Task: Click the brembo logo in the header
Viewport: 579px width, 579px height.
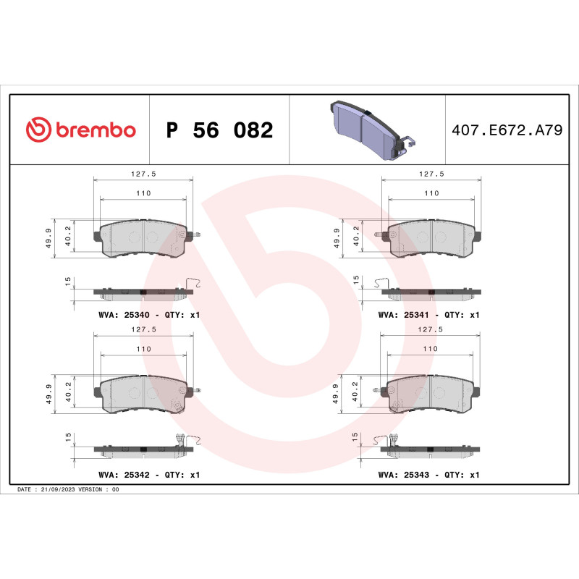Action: [x=80, y=130]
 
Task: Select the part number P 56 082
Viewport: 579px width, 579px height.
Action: [x=219, y=131]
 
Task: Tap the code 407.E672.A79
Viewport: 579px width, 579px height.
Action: [x=506, y=131]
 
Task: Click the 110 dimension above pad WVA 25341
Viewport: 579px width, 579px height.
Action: [x=431, y=193]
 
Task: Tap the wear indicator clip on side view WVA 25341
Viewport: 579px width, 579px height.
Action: [x=383, y=283]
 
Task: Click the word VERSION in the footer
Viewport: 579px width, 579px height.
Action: [x=93, y=490]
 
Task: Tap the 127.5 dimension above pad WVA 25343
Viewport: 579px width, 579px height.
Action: [x=431, y=329]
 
